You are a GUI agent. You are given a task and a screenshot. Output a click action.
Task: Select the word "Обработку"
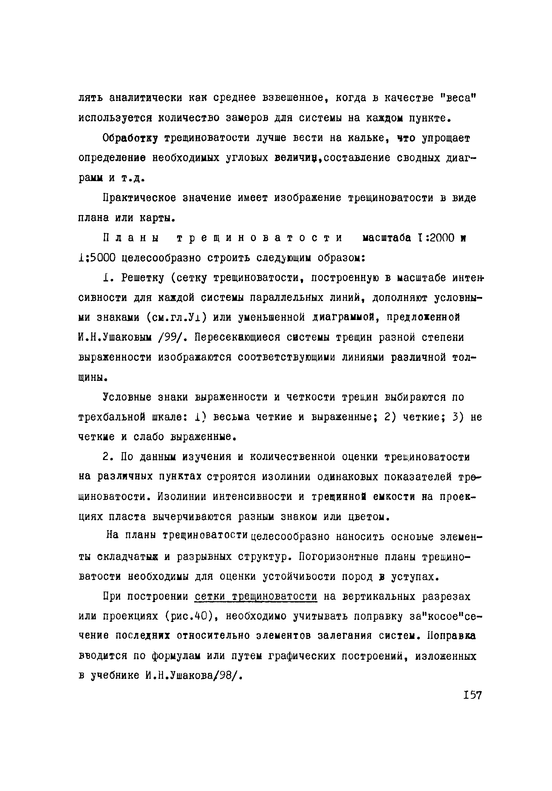tap(130, 138)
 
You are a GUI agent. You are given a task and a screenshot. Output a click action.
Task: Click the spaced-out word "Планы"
tap(131, 238)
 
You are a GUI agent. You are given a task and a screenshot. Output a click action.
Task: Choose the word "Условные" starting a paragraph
tap(127, 398)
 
